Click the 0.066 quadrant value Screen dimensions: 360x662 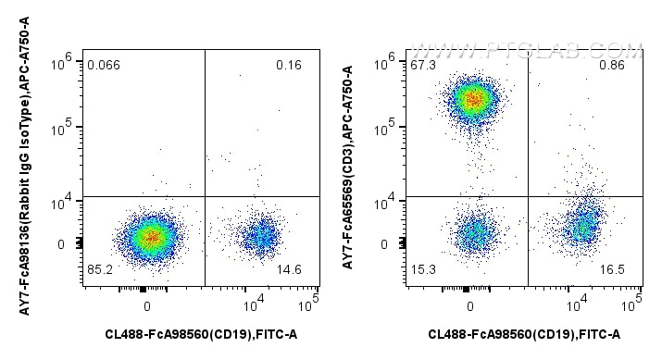coord(103,65)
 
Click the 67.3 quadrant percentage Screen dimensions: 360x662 coord(423,65)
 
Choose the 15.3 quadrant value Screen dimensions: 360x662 coord(423,271)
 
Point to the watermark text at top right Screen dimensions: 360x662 coord(528,49)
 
